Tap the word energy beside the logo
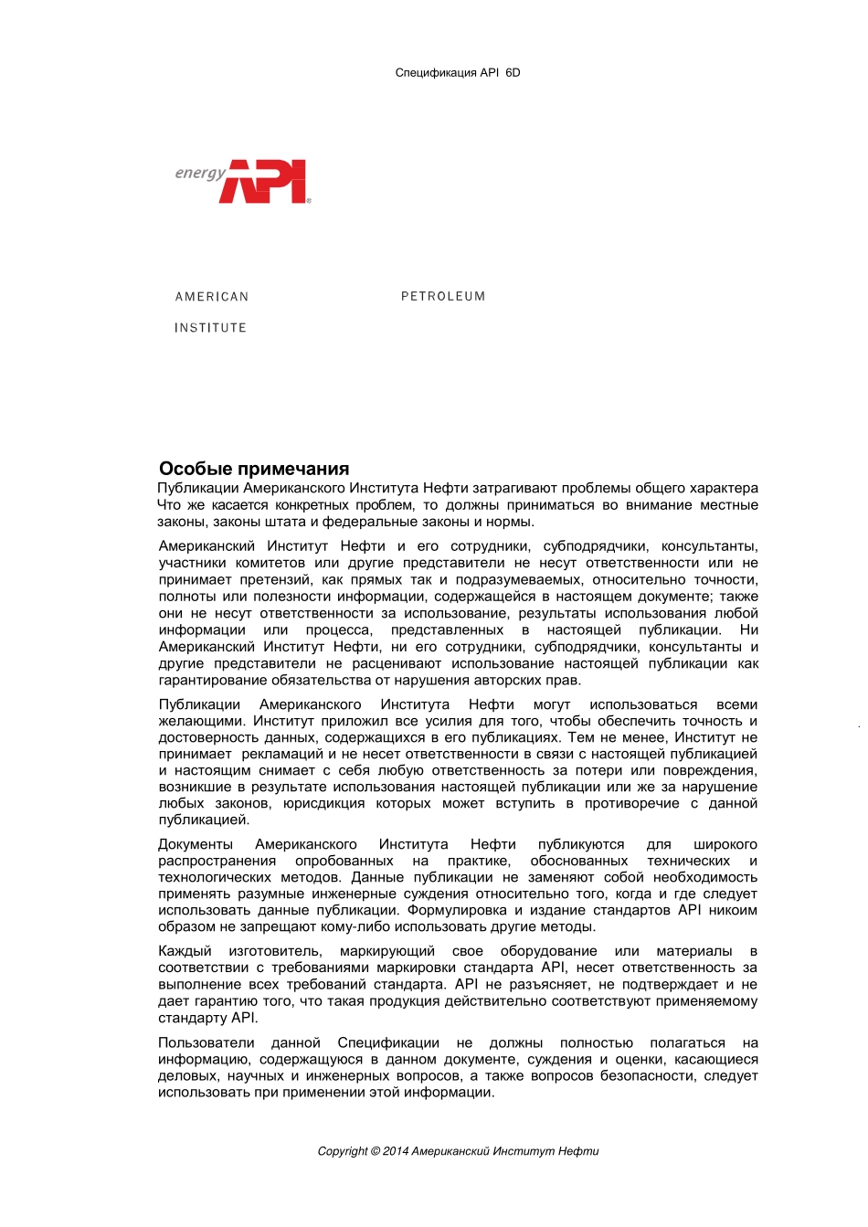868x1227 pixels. [200, 173]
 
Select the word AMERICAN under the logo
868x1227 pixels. [212, 297]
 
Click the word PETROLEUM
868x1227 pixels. [443, 296]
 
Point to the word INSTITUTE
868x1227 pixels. [210, 328]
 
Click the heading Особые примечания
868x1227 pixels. [254, 469]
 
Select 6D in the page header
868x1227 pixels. [513, 72]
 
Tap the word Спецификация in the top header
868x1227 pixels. [436, 72]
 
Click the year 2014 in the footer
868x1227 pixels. [396, 1151]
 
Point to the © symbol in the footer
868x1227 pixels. [376, 1151]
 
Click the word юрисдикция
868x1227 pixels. [323, 803]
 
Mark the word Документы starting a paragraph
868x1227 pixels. [196, 844]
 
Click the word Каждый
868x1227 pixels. [185, 951]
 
